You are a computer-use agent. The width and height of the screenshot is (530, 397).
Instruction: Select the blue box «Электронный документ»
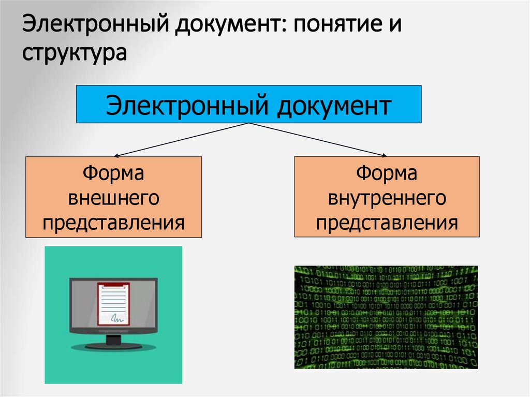coord(248,104)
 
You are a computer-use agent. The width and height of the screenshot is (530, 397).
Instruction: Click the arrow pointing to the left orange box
coord(181,139)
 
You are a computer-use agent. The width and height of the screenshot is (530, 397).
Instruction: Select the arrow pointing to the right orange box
coord(318,139)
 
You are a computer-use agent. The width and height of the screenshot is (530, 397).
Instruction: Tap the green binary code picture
coord(386,317)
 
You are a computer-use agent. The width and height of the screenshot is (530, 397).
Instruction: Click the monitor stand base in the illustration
coord(113,346)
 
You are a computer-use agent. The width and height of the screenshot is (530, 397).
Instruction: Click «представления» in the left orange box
coord(113,224)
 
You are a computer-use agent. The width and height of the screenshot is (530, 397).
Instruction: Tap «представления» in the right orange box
coord(387,224)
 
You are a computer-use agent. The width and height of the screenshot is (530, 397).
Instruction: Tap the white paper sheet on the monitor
coord(113,303)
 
